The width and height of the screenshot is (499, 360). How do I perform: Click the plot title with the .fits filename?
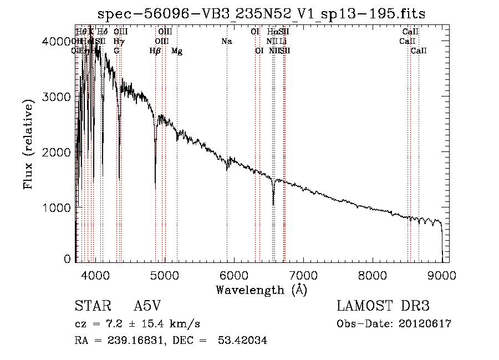coord(261,13)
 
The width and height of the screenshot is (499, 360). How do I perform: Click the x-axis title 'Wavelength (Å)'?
coord(261,290)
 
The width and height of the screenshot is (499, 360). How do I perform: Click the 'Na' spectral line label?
coord(226,41)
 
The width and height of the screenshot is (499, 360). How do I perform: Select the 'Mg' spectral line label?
coord(177,51)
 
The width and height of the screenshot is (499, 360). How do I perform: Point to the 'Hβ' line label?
coord(155,51)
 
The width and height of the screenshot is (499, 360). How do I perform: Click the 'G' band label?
coord(116,51)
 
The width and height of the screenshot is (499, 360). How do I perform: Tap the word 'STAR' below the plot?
coord(89,307)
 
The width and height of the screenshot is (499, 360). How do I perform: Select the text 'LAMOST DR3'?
coord(383,307)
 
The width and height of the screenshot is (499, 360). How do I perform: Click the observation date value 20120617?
coord(424,324)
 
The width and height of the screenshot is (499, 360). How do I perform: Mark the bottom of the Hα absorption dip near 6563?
coord(273,204)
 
